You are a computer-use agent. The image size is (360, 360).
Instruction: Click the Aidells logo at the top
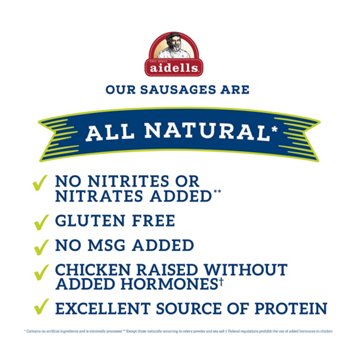[x=180, y=51]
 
